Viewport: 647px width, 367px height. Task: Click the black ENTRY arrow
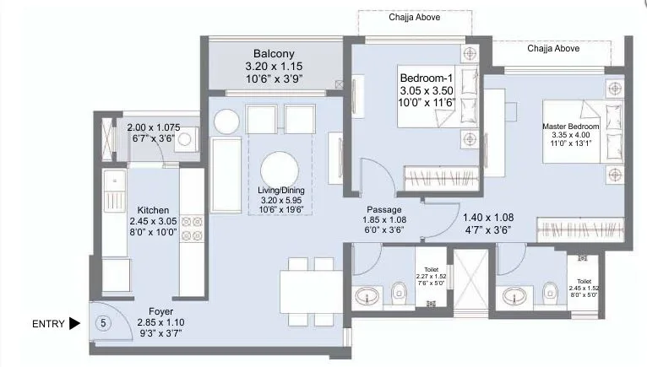click(74, 324)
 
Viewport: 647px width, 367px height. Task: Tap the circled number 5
click(103, 323)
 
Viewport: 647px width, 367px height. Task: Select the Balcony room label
click(274, 54)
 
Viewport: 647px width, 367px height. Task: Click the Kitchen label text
click(153, 210)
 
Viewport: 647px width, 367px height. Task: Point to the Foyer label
click(161, 311)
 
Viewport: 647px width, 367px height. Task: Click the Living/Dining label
click(281, 191)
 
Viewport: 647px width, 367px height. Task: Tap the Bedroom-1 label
click(427, 78)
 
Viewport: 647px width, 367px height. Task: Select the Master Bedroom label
click(571, 127)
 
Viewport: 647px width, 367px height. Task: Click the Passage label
click(384, 210)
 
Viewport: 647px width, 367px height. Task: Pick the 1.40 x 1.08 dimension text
click(488, 218)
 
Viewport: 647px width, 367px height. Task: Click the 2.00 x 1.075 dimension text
click(154, 128)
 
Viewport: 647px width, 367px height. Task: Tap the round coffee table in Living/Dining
click(280, 170)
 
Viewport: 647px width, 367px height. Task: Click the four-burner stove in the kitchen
click(192, 229)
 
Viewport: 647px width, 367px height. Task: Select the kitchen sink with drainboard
click(114, 191)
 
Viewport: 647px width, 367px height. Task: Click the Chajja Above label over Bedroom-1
click(414, 18)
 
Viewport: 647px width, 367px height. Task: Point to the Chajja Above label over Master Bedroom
click(553, 49)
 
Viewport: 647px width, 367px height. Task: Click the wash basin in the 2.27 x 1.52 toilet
click(367, 296)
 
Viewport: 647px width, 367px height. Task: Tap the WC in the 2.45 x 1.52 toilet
click(550, 291)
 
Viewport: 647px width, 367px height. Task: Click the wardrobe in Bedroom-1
click(442, 178)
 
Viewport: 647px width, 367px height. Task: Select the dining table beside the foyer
click(312, 292)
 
